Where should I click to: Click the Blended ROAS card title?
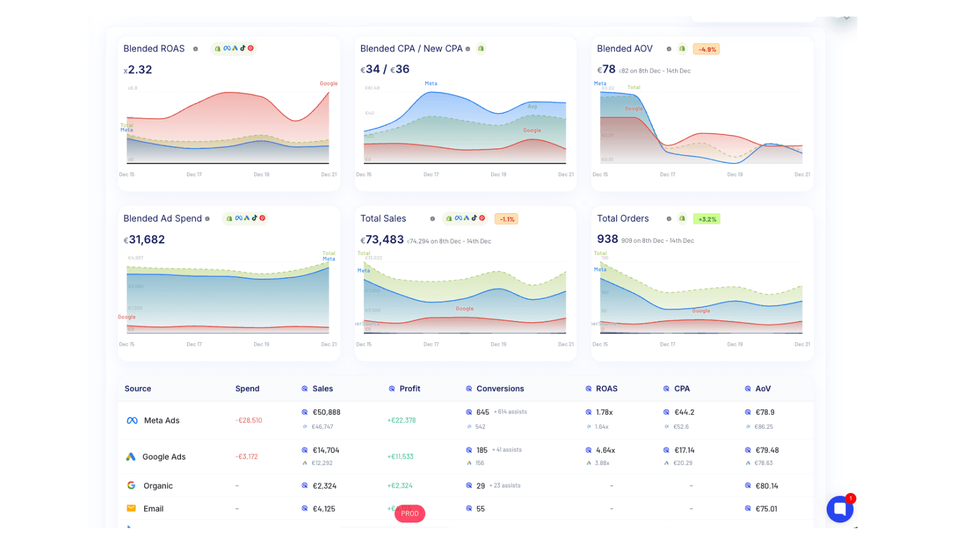[x=154, y=48]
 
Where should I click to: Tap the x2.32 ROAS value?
[x=138, y=70]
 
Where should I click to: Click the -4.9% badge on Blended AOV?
[x=706, y=50]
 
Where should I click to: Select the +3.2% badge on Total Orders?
[x=707, y=219]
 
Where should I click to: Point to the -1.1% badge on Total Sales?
[x=506, y=219]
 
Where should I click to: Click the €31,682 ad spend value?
[x=145, y=240]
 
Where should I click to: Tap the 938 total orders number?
[x=607, y=239]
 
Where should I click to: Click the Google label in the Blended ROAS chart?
[x=328, y=84]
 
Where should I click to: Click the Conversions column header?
[x=500, y=389]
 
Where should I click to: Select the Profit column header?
[x=409, y=389]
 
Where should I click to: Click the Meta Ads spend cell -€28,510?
[x=249, y=420]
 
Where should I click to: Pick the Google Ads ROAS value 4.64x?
[x=605, y=451]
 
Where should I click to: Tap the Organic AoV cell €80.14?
[x=766, y=486]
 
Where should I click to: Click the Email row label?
[x=153, y=509]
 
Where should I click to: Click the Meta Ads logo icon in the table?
[x=132, y=420]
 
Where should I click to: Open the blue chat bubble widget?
[x=839, y=509]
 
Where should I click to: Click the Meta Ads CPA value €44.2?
[x=684, y=412]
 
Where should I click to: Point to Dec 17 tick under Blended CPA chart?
[x=431, y=174]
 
